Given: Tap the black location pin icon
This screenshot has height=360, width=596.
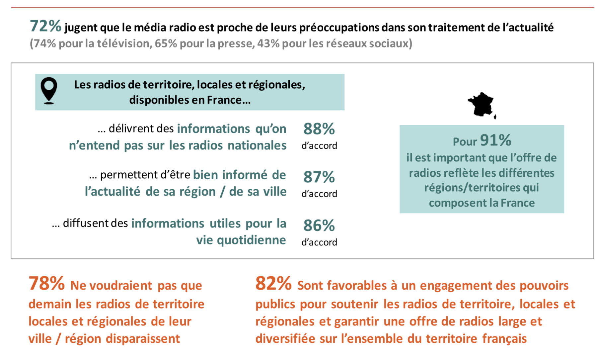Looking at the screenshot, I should click(49, 90).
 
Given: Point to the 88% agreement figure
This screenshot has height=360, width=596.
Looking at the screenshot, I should click(319, 129).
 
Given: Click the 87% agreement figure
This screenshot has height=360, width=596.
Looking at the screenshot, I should click(319, 177).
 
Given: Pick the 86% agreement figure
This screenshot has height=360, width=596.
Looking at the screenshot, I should click(319, 225).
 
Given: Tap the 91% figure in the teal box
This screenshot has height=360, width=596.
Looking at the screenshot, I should click(495, 140).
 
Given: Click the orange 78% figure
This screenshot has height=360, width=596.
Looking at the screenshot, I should click(46, 284).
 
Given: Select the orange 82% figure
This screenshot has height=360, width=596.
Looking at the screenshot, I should click(273, 284).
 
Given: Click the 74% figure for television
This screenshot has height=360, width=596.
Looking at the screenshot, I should click(43, 44).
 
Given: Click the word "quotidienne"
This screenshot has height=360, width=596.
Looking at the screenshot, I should click(251, 240).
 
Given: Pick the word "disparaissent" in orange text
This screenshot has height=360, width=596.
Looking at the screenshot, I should click(143, 339).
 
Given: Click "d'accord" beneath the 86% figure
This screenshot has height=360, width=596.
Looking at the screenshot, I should click(319, 242).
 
